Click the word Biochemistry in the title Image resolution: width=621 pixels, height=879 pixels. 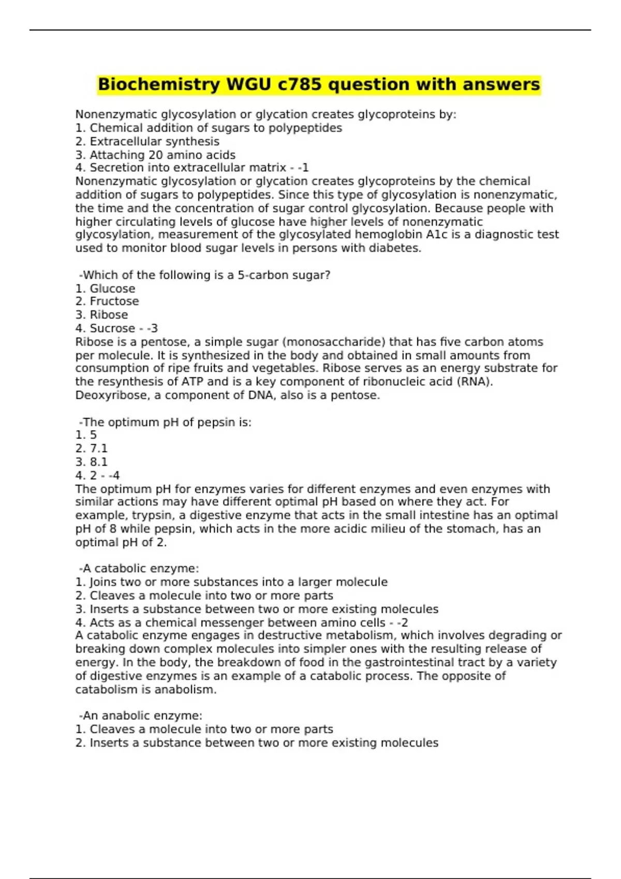[x=159, y=84]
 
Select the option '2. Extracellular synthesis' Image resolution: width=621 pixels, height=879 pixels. [x=147, y=142]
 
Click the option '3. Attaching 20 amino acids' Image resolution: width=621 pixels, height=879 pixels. [x=155, y=155]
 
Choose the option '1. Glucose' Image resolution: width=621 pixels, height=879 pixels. [x=106, y=289]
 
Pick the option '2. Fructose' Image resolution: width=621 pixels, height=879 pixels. [x=107, y=301]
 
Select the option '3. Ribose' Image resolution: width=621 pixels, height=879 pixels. [x=101, y=315]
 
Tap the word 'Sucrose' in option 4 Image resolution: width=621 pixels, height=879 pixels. [x=112, y=328]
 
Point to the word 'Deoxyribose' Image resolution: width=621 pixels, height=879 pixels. [x=107, y=396]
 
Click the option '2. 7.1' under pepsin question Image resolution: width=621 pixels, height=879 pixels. [x=92, y=449]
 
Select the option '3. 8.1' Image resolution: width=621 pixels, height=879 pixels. [x=92, y=462]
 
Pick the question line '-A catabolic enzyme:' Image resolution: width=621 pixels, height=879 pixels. [x=139, y=569]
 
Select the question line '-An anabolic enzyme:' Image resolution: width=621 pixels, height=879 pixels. [x=140, y=716]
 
